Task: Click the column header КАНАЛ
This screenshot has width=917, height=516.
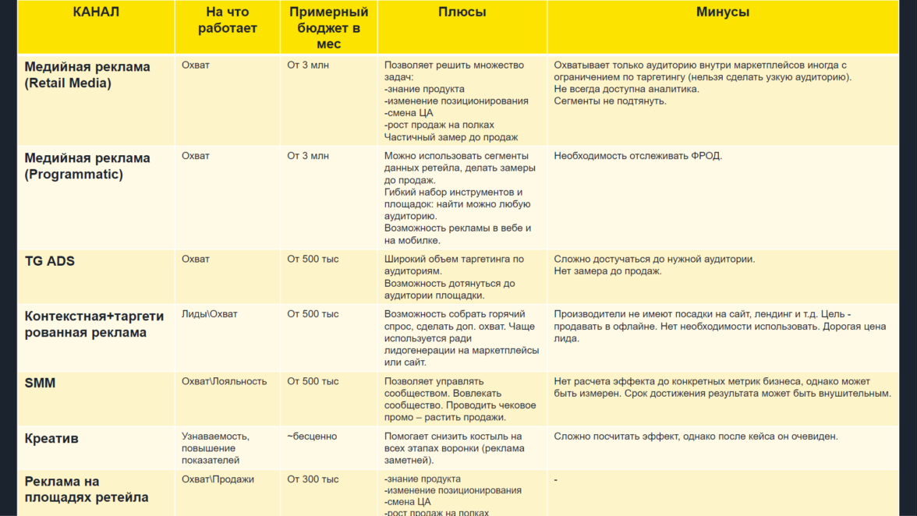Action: click(x=96, y=12)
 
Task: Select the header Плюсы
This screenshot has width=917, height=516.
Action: click(x=462, y=12)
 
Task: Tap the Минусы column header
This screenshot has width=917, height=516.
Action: click(x=722, y=12)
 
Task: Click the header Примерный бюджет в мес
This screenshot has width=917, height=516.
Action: click(x=328, y=28)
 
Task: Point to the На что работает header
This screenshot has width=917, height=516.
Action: click(x=227, y=20)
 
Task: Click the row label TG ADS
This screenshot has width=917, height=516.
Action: click(x=50, y=261)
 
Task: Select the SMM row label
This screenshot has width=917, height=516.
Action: click(x=41, y=383)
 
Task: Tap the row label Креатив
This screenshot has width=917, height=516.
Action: click(x=51, y=439)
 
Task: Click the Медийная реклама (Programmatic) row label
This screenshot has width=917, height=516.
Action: click(x=87, y=166)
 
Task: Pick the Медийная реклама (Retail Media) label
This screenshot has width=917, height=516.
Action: click(x=87, y=75)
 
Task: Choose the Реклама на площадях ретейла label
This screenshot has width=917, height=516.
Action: click(x=87, y=489)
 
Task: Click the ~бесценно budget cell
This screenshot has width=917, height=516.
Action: click(x=312, y=436)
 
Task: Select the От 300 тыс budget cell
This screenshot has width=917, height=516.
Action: click(x=313, y=479)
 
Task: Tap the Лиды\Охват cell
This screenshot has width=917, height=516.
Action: click(x=210, y=314)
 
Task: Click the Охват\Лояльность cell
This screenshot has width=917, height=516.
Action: click(x=224, y=382)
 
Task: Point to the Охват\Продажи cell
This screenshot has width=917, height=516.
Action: click(x=218, y=479)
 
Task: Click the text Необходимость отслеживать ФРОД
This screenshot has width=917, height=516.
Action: click(x=638, y=156)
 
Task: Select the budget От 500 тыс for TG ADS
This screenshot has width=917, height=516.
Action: click(x=313, y=259)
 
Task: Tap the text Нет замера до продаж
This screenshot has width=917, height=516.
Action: click(x=608, y=271)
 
